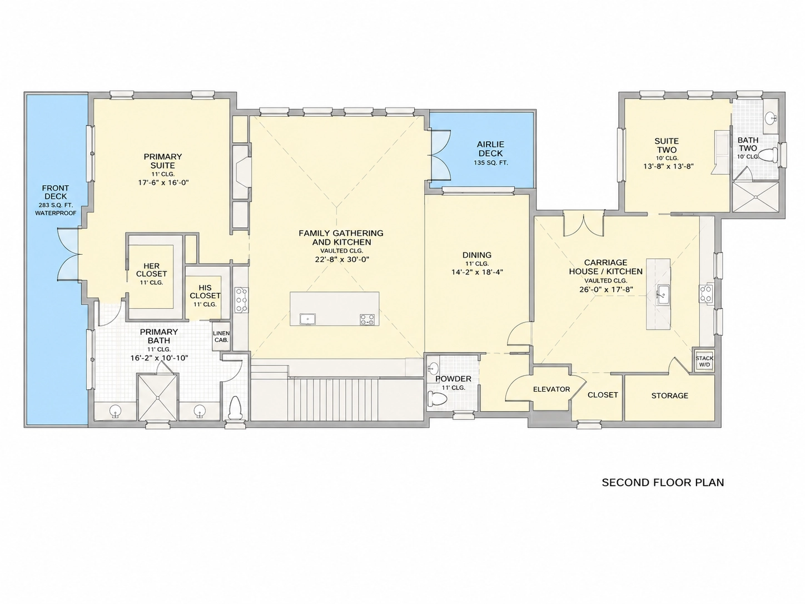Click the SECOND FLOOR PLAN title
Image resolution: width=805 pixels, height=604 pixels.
663,482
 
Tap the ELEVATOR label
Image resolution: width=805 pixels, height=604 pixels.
551,389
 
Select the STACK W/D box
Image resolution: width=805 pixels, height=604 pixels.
704,361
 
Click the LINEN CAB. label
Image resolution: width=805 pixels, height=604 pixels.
221,336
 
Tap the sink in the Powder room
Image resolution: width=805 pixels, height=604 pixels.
433,367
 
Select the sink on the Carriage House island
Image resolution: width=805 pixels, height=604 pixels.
663,294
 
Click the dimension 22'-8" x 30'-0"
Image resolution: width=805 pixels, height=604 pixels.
342,259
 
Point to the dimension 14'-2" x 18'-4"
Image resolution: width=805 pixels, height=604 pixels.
477,272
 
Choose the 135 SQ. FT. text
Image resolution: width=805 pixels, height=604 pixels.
491,162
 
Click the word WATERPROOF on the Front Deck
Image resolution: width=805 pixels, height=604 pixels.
56,213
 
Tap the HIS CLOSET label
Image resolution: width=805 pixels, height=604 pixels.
205,291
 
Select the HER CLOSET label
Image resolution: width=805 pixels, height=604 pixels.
151,270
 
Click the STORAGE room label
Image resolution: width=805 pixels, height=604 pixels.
670,395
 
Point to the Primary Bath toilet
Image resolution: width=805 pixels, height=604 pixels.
234,408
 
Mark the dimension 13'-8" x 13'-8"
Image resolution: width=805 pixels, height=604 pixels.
668,166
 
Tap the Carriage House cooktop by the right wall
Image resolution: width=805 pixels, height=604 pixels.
706,294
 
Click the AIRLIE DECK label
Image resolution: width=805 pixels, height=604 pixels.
491,148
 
